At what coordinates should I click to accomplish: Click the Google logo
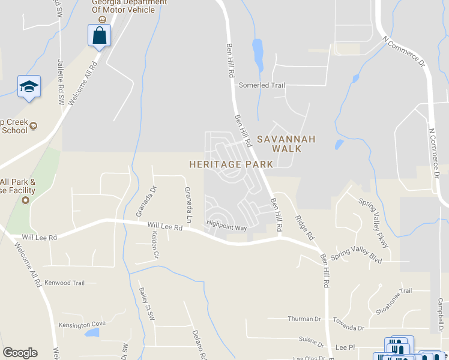click(x=20, y=353)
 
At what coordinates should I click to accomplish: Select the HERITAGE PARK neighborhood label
click(x=231, y=164)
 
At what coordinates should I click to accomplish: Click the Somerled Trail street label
click(x=262, y=85)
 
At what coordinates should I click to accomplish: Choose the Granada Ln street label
click(x=188, y=204)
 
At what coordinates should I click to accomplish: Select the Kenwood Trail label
click(x=65, y=283)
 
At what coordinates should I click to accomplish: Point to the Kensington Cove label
click(x=82, y=325)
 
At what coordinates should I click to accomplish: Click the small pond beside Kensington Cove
click(x=92, y=333)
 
